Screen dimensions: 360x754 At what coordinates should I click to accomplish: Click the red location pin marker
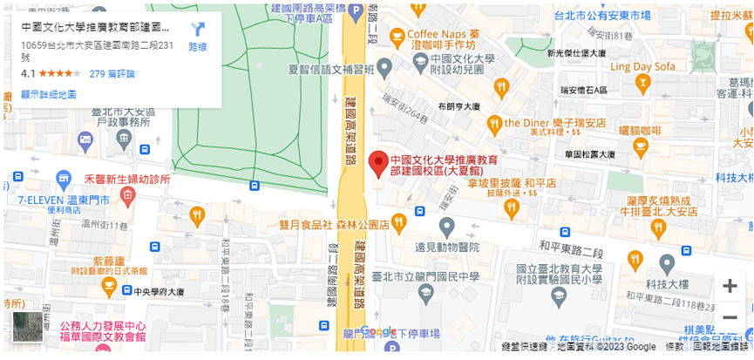[x=378, y=164]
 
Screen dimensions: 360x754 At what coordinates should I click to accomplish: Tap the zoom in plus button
[x=729, y=286]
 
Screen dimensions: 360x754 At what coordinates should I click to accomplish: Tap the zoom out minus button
[x=729, y=317]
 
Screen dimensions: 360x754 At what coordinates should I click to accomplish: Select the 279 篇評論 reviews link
[x=112, y=74]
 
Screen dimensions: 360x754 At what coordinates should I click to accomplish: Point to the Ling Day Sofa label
[x=642, y=66]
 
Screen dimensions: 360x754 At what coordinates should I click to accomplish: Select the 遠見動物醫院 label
[x=447, y=247]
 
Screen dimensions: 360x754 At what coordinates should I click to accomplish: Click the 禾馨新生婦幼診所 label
[x=126, y=179]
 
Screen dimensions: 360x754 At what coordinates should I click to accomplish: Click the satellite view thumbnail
[x=27, y=327]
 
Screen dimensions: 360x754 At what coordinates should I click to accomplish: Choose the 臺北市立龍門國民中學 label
[x=425, y=276]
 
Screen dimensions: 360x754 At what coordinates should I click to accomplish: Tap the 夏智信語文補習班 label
[x=335, y=68]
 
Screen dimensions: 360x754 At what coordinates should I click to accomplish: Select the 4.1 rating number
[x=28, y=74]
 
